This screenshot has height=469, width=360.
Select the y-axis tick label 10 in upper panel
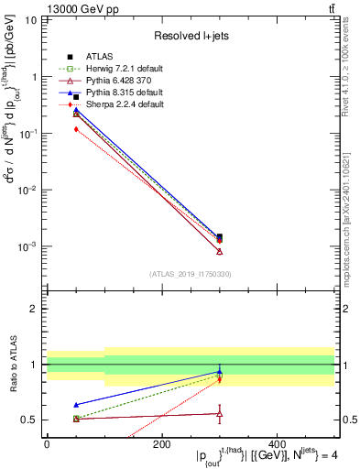click(30, 20)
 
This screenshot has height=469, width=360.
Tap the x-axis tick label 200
click(161, 443)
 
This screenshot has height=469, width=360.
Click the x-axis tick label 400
click(277, 443)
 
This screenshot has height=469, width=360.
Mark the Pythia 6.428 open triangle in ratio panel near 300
click(219, 414)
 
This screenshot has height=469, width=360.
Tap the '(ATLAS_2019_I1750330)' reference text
click(191, 274)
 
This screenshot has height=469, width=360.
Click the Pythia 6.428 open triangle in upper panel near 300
click(219, 251)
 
